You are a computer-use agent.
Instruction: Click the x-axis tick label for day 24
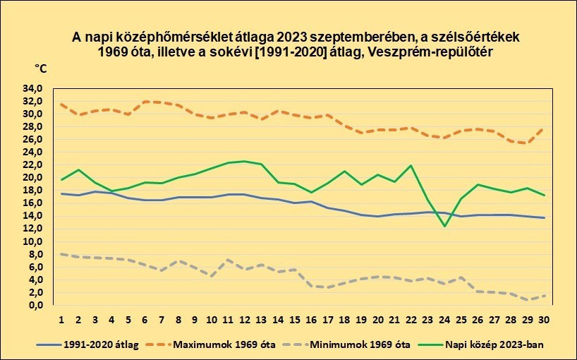pyautogui.click(x=444, y=320)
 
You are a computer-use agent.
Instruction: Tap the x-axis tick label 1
pyautogui.click(x=61, y=320)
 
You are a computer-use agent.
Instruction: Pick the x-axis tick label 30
pyautogui.click(x=544, y=320)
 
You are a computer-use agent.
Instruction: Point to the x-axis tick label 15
pyautogui.click(x=294, y=320)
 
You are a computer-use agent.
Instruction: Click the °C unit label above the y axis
pyautogui.click(x=42, y=68)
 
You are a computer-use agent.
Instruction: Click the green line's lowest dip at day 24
pyautogui.click(x=444, y=227)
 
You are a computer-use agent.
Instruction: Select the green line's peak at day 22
pyautogui.click(x=411, y=166)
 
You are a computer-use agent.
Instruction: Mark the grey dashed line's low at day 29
pyautogui.click(x=527, y=300)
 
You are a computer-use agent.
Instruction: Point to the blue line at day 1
pyautogui.click(x=62, y=193)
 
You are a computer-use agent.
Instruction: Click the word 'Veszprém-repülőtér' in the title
pyautogui.click(x=445, y=52)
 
